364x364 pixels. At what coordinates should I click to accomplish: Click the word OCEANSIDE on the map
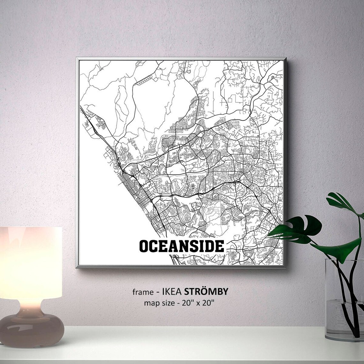point(182,246)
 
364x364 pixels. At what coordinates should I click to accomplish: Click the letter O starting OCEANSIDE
point(144,246)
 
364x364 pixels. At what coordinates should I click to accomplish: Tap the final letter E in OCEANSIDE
point(219,246)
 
